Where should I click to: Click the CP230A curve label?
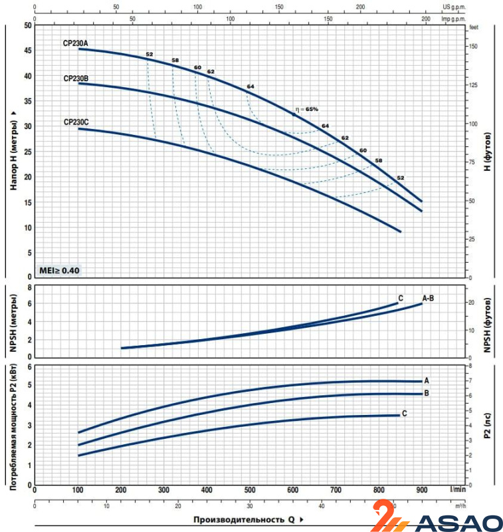pos(75,43)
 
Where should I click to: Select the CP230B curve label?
pos(76,78)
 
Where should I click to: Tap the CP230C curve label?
pos(76,122)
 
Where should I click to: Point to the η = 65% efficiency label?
pos(307,109)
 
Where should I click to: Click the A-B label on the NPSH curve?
pos(428,298)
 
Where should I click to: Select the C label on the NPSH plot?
pos(401,297)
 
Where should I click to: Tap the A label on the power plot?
pos(427,380)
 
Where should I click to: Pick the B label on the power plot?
pos(427,393)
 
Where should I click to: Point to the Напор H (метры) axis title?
pos(13,152)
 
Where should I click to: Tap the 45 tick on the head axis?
pos(27,51)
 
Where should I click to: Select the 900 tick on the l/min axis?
pos(422,490)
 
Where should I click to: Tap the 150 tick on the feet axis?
pos(473,46)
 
